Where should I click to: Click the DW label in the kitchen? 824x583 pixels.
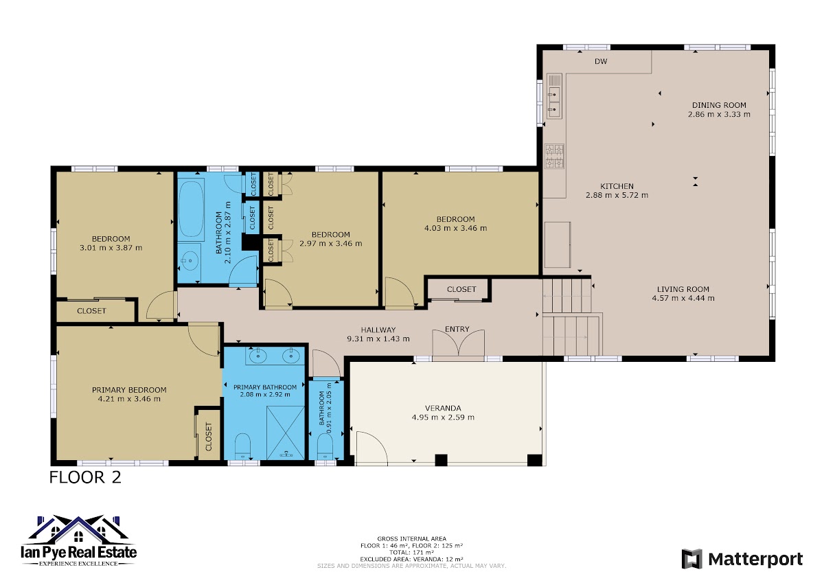pos(601,61)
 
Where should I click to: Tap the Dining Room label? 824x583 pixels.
pos(719,105)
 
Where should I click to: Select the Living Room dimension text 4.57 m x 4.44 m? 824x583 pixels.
pos(683,298)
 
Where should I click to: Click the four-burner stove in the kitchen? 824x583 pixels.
pos(554,156)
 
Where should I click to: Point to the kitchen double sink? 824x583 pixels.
pos(554,95)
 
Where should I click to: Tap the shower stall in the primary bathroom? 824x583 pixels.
pos(286,433)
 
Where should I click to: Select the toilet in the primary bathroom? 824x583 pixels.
pos(242,446)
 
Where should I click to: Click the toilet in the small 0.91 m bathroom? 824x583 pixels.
pos(325,446)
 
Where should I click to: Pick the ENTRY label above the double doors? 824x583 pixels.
pos(457,329)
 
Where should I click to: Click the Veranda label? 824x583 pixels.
pos(443,409)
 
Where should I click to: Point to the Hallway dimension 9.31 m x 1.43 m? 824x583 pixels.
pos(378,339)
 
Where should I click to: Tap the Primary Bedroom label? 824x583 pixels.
pos(129,390)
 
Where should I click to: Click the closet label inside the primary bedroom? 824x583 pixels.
pos(209,437)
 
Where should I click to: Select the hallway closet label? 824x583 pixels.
pos(461,290)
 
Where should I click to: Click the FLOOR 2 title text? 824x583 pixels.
pos(85,478)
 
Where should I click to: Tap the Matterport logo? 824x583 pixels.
pos(742,560)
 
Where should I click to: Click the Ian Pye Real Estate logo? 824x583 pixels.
pos(79,540)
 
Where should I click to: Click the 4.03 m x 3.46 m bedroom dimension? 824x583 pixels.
pos(455,229)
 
